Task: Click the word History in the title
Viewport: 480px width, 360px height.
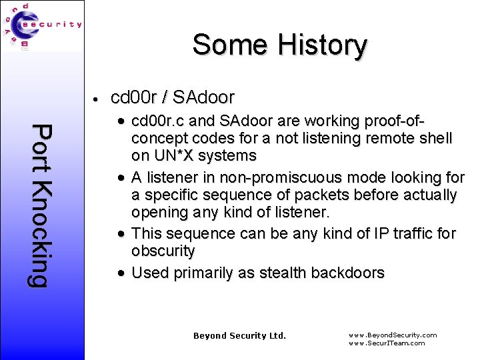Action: pyautogui.click(x=323, y=45)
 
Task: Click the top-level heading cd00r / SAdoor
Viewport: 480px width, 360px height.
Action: pyautogui.click(x=173, y=97)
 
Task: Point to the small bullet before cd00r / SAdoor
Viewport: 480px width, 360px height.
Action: pyautogui.click(x=97, y=99)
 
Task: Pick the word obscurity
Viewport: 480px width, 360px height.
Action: pyautogui.click(x=163, y=251)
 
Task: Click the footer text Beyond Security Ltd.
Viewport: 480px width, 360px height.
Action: pyautogui.click(x=239, y=335)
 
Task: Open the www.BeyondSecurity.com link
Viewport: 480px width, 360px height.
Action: pyautogui.click(x=393, y=335)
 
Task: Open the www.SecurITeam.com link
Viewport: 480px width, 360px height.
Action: pyautogui.click(x=387, y=343)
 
